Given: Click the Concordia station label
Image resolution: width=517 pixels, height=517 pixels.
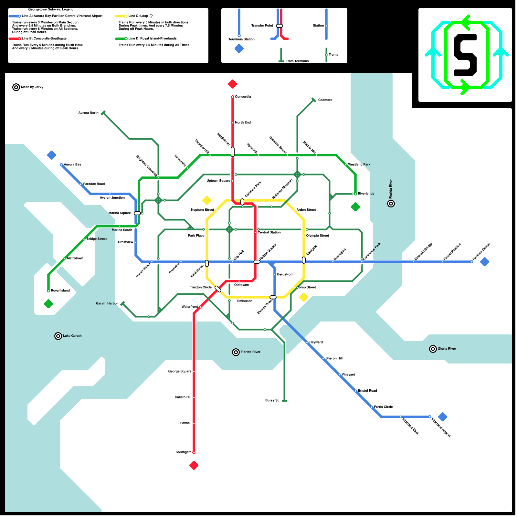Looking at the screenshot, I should pos(243,97).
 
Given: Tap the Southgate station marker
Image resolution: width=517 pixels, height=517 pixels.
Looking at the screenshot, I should pos(194,452).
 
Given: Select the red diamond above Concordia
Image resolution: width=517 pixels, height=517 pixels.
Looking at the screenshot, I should pos(233,84).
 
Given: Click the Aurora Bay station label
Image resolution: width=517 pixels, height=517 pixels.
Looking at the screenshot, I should pos(72,165).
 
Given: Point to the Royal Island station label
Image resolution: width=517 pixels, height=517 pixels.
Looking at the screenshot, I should pos(60,291).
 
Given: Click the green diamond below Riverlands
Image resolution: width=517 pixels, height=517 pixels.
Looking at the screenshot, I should pos(355,207).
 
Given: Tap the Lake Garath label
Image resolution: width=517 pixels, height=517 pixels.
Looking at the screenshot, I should pos(72,336).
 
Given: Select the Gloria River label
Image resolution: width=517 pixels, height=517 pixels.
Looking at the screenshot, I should pos(447,349).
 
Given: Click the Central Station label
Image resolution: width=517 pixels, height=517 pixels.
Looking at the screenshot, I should pos(269,233).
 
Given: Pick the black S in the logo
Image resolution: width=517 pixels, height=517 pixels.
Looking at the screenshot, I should pos(465,55).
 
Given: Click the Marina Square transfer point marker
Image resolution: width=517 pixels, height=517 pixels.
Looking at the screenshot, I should pos(137,213).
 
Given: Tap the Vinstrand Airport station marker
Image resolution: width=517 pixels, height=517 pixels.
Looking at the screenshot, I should pos(430,417).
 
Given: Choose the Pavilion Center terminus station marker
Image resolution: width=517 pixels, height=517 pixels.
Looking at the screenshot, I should pos(472,262).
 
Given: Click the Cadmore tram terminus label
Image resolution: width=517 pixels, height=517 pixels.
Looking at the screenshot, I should pos(325,100).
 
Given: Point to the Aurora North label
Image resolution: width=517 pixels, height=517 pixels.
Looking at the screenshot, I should pos(88,113).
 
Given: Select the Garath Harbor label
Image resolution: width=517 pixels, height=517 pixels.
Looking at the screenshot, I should pos(107,304).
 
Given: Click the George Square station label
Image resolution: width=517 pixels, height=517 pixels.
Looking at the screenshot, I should pos(180,372).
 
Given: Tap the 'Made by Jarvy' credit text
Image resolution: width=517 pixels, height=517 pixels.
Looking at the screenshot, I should pos(32,87).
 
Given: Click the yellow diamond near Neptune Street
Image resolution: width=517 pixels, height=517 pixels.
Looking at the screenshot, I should pos(207,200).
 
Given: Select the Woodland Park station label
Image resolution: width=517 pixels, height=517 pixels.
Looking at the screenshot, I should pos(359,165).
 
